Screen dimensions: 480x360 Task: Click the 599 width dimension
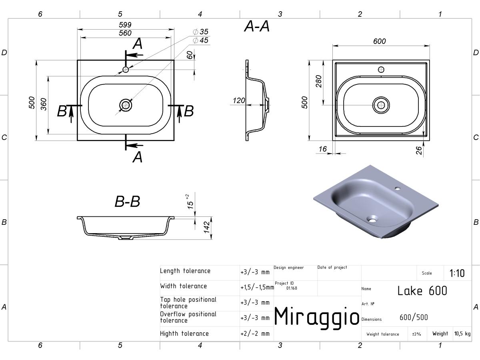click(125, 25)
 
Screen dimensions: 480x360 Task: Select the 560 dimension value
click(125, 33)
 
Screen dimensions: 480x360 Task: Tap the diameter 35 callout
click(200, 32)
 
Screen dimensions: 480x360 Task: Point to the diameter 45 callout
click(200, 40)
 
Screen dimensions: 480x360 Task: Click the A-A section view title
click(257, 26)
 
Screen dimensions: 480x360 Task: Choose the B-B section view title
click(127, 201)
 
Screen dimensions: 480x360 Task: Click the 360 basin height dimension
click(44, 104)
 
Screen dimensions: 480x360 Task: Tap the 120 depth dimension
click(239, 100)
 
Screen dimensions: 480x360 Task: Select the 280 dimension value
click(319, 81)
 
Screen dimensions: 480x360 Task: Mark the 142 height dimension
click(207, 227)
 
